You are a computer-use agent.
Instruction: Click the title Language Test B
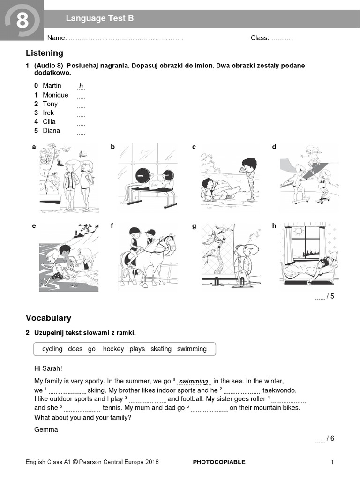pos(99,18)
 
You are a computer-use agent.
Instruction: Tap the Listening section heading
pos(45,53)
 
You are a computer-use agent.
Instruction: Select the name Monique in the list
pos(55,95)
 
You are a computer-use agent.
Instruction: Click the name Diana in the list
pos(52,130)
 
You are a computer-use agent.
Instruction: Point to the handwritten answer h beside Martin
pos(81,86)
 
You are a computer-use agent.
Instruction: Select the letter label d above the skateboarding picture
pos(274,147)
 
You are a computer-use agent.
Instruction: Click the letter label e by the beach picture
pos(34,226)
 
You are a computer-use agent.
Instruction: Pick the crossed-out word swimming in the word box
pos(192,349)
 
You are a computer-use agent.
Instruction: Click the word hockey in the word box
pos(113,349)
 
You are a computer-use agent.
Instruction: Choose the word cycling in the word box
pos(52,349)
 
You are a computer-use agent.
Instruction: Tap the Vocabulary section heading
pos(48,318)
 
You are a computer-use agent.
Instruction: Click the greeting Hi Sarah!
pos(48,368)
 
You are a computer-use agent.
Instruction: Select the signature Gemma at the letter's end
pos(46,429)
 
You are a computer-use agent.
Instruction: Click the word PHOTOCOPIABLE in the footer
pos(219,462)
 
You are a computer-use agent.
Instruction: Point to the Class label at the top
pos(260,38)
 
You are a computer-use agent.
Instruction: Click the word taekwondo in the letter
pos(279,390)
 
